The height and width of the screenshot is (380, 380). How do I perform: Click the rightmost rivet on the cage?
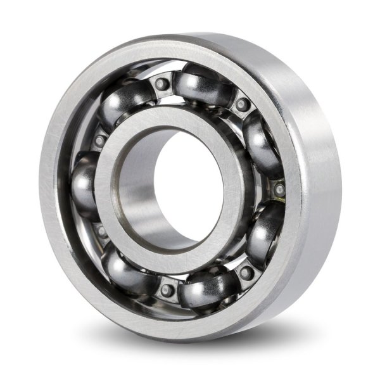tap(279, 189)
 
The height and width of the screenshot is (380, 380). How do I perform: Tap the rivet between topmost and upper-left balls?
tap(162, 84)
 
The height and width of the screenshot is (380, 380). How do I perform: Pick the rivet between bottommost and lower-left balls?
tap(167, 289)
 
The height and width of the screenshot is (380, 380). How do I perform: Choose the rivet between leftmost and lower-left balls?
tap(101, 231)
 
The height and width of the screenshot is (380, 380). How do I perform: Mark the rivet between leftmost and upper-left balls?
tap(99, 141)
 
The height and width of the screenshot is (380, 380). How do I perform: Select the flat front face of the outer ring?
tap(57, 190)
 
